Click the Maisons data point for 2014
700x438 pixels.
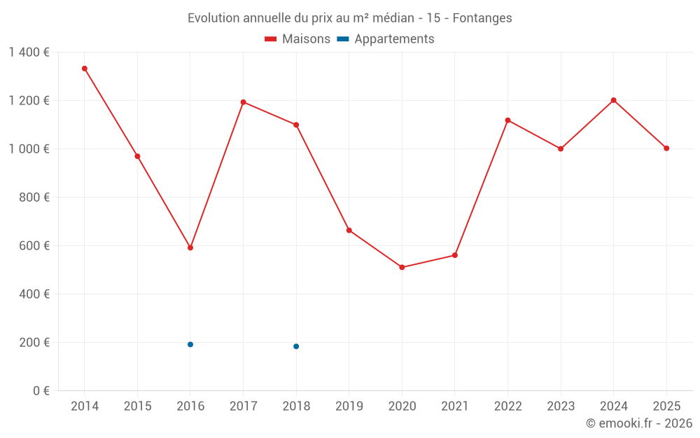(x=85, y=69)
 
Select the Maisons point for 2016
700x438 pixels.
(x=190, y=247)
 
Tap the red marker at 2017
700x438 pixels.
(x=243, y=102)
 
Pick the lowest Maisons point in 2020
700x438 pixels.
(x=402, y=267)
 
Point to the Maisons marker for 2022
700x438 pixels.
(x=507, y=121)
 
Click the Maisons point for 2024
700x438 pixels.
(x=613, y=100)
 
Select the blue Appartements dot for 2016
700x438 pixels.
(x=190, y=344)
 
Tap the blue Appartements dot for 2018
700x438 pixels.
(x=296, y=346)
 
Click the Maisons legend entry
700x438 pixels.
(x=297, y=39)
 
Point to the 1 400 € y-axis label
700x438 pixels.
(x=29, y=53)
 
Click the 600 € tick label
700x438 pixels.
(x=34, y=246)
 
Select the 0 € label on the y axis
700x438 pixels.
(x=41, y=391)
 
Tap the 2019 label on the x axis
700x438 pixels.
(x=349, y=406)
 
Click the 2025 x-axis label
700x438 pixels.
(x=666, y=406)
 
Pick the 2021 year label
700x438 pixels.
(x=454, y=406)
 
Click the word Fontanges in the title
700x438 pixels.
(x=482, y=18)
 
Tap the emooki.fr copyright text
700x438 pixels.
(x=638, y=423)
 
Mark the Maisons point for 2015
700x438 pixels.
(x=137, y=156)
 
